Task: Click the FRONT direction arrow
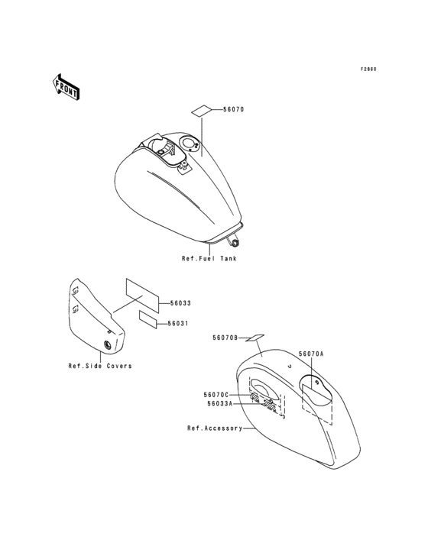65,87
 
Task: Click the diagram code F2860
368,69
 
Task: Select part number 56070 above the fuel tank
234,109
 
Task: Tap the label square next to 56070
202,110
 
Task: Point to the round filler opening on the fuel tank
188,144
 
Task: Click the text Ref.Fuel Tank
209,258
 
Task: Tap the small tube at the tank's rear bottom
235,242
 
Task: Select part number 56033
180,303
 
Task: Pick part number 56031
178,324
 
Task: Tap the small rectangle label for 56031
148,319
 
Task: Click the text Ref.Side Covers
100,366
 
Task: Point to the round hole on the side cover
107,344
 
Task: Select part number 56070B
225,338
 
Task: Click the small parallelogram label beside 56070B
255,338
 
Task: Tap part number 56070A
311,354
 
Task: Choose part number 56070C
216,395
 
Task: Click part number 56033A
219,403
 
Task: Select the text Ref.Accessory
215,428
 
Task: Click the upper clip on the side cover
75,292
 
